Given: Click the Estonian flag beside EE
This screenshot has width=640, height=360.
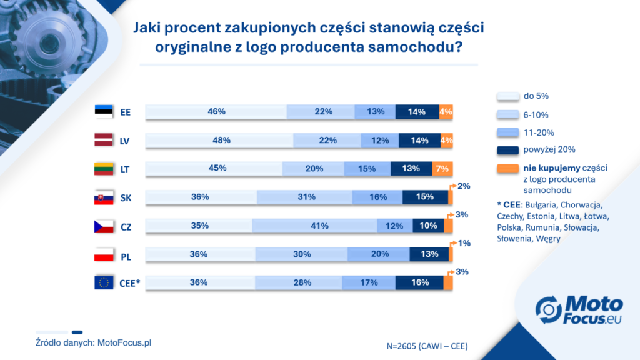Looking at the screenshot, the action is (x=104, y=111).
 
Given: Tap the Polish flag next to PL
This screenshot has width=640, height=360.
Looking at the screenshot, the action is (x=104, y=254).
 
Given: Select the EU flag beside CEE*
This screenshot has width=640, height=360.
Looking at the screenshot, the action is (x=104, y=282).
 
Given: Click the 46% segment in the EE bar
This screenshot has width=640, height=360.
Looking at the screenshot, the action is (x=216, y=111).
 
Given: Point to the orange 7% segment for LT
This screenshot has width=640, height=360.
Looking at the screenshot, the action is (x=442, y=169).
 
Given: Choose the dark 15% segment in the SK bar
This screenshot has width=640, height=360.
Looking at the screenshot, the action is (x=425, y=197).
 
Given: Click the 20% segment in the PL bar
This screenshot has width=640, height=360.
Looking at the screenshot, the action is (x=379, y=254).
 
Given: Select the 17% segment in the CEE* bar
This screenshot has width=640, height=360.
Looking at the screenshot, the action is (x=369, y=282).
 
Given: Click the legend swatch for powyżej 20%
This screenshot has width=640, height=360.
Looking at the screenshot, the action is (x=507, y=150).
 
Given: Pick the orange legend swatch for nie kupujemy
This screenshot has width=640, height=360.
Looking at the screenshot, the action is (x=507, y=169).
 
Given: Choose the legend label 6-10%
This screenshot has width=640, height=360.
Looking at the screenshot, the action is (x=536, y=115).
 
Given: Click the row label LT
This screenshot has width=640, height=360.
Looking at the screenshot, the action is (x=125, y=169).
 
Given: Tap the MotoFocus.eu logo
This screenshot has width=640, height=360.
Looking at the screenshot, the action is (x=579, y=310).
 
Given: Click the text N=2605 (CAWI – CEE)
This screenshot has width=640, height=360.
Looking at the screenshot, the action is (x=427, y=346).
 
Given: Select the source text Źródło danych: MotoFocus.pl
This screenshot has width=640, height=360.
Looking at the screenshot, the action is (x=94, y=343).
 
